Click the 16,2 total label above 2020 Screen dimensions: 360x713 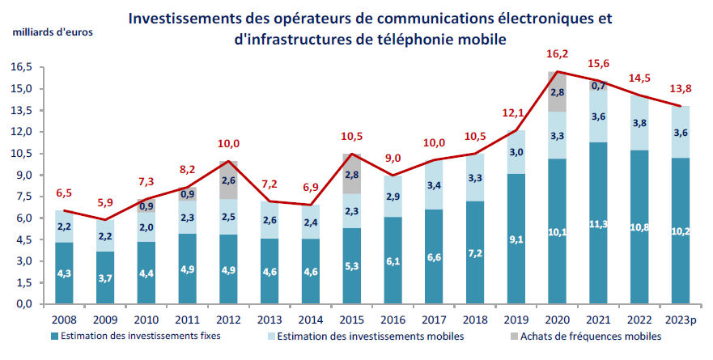(x=557, y=55)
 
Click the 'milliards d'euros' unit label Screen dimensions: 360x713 (x=52, y=32)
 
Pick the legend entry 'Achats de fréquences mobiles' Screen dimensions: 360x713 (x=575, y=335)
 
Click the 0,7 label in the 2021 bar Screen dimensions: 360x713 (x=599, y=86)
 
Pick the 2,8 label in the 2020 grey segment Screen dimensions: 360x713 (x=557, y=92)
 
